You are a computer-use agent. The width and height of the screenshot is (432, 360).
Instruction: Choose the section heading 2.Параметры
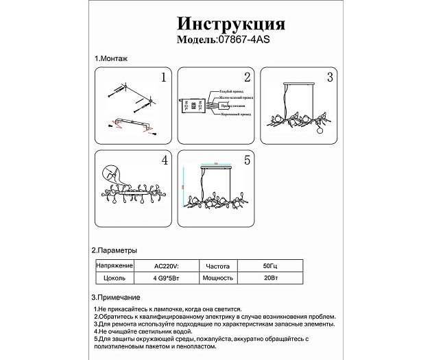click(115, 251)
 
